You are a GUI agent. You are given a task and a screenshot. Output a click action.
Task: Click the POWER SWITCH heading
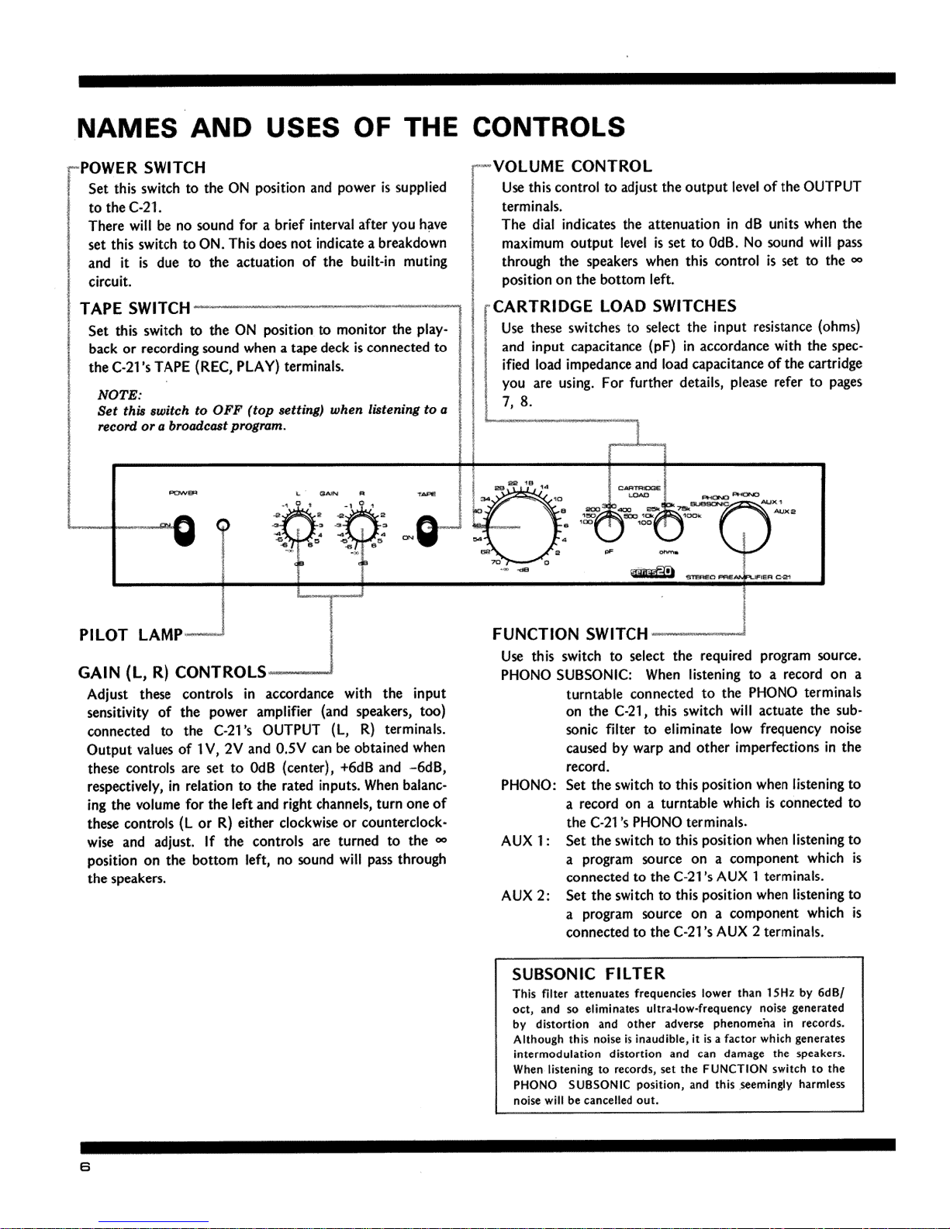(143, 167)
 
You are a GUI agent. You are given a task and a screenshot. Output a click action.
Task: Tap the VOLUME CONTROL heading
(572, 167)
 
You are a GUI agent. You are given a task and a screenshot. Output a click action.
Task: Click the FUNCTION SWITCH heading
(570, 635)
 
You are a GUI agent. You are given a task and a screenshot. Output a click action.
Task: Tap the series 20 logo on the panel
(654, 573)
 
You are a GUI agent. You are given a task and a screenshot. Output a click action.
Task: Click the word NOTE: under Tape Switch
(113, 394)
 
